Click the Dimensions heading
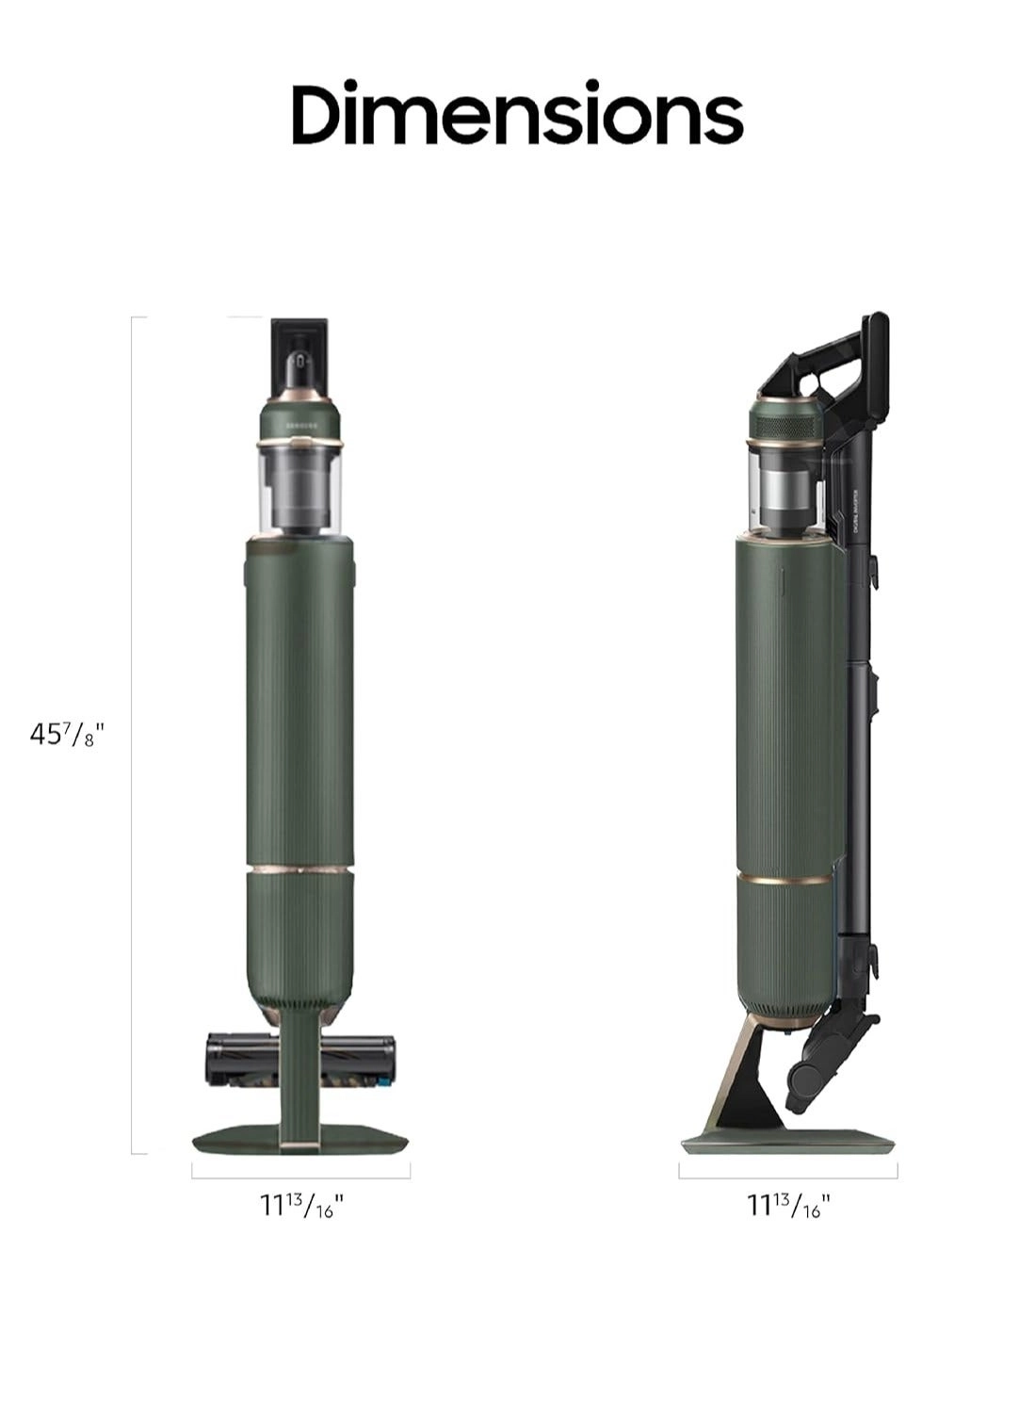pyautogui.click(x=517, y=114)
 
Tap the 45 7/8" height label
pyautogui.click(x=65, y=735)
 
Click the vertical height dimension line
pyautogui.click(x=132, y=735)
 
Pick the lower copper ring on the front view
pyautogui.click(x=300, y=864)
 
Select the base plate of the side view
pyautogui.click(x=787, y=1143)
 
